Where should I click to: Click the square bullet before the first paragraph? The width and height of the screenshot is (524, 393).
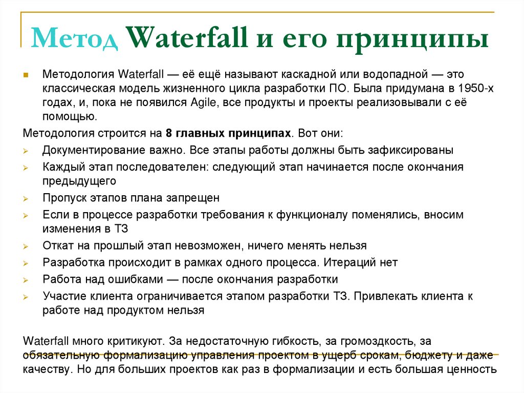pos(27,75)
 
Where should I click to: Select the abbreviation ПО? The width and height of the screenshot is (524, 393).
pos(324,89)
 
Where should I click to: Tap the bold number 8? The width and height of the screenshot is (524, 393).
pos(168,134)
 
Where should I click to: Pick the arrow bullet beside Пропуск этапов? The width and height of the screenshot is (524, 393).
pos(27,198)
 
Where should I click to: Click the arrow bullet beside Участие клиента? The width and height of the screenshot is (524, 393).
pos(27,297)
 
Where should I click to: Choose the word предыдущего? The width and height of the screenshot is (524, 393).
pos(79,181)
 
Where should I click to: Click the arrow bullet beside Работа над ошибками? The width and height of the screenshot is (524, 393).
pos(27,280)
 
